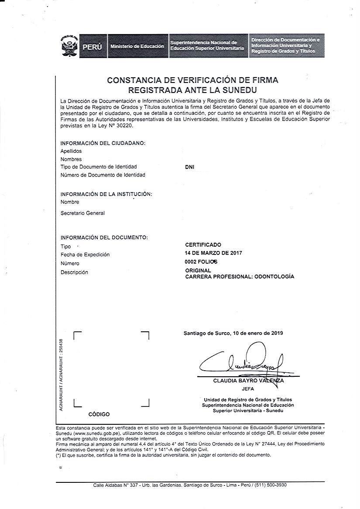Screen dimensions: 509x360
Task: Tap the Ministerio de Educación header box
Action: pos(137,46)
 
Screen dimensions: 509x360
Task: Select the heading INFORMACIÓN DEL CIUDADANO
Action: pos(103,143)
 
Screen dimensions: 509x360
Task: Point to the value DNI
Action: pos(190,167)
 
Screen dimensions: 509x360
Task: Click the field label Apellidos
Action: pos(71,151)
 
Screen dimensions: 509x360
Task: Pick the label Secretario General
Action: pos(82,213)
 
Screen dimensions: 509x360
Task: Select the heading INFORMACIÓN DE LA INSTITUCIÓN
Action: pos(106,194)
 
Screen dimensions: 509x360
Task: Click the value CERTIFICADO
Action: pos(203,245)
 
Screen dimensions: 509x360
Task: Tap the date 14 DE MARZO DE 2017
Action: pos(213,253)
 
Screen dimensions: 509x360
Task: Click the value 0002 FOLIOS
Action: pos(201,262)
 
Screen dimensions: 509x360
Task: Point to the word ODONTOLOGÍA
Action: pos(274,276)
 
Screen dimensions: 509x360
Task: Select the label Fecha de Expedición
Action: pos(85,254)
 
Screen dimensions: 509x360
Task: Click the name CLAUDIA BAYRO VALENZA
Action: pos(248,381)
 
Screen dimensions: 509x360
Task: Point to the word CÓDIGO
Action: pos(99,414)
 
